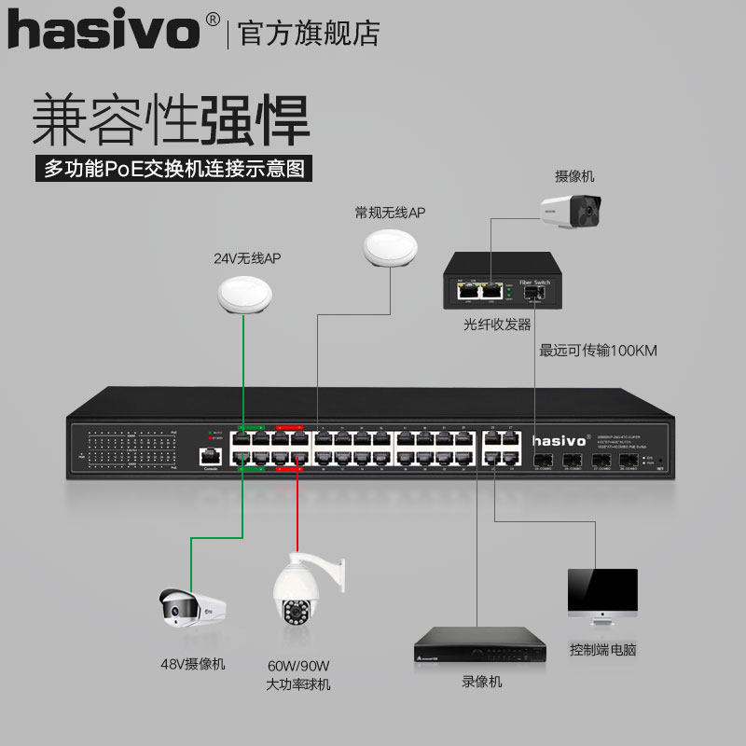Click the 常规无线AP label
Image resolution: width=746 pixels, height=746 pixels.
[390, 214]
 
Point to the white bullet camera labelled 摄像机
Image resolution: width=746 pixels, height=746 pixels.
[571, 210]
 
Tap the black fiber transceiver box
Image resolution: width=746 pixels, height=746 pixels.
[502, 282]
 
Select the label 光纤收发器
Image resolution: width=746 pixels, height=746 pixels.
[497, 325]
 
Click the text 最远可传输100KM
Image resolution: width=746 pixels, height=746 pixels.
[599, 352]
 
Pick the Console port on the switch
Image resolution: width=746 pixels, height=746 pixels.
[211, 457]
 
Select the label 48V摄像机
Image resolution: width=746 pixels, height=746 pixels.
[193, 664]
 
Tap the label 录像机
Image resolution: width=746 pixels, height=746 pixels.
[481, 682]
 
